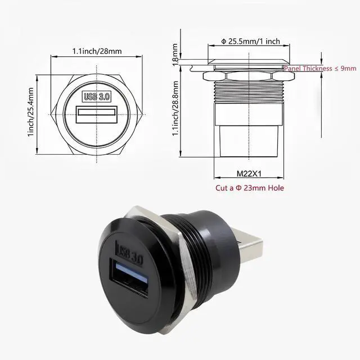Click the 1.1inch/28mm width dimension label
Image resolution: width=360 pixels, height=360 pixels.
click(x=97, y=51)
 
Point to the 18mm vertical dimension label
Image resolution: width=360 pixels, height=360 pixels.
click(x=175, y=55)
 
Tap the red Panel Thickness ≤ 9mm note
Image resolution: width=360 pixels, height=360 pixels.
click(x=320, y=68)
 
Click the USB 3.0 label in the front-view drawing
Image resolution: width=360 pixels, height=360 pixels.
click(x=97, y=96)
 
